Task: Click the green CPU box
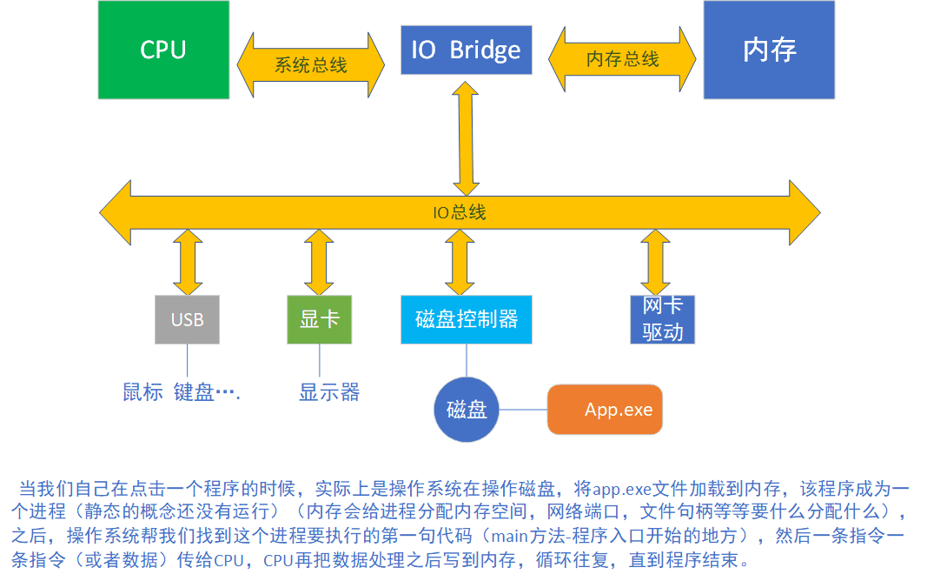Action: pos(163,50)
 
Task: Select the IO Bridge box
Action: pos(467,50)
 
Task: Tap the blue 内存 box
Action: pos(769,50)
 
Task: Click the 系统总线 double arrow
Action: pos(311,65)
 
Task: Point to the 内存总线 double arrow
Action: pos(623,59)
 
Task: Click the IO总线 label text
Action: pos(460,212)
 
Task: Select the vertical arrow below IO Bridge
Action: pos(466,138)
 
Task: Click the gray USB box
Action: pos(188,319)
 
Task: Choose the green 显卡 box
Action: pos(319,319)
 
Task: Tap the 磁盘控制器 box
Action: pos(467,319)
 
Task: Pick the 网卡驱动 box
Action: pos(663,319)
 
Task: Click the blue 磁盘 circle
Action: pos(467,410)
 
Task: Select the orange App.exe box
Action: pos(605,410)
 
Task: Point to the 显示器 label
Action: pos(329,392)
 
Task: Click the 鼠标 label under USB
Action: pos(142,392)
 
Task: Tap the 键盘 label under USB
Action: pos(194,392)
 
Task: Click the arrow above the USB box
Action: pos(188,262)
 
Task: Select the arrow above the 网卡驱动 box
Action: pos(656,262)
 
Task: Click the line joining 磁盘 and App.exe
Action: pos(523,410)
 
